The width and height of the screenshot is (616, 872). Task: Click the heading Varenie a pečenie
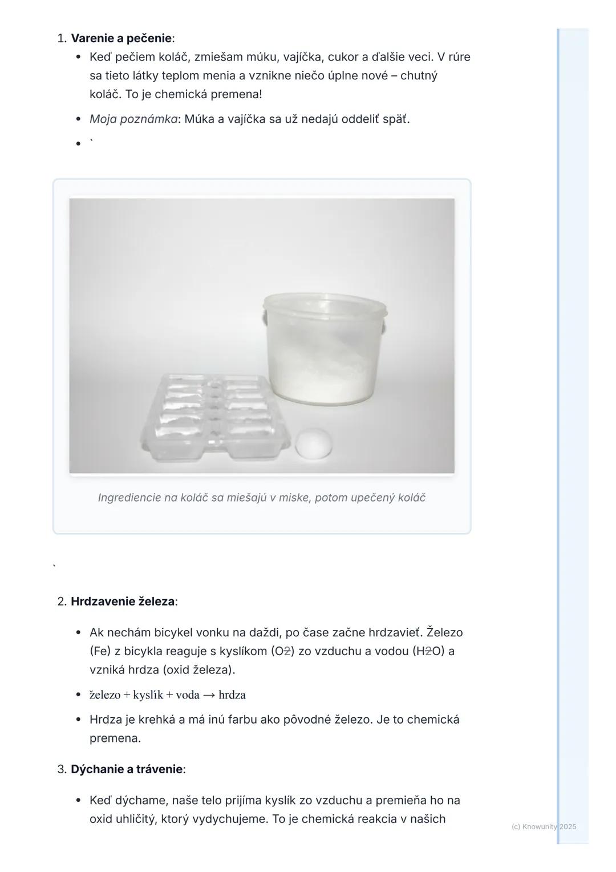click(121, 38)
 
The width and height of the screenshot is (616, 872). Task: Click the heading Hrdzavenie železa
click(123, 601)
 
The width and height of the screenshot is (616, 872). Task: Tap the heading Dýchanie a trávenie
click(127, 769)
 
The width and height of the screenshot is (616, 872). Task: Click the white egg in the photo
click(314, 443)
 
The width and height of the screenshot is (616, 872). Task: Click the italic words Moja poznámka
click(133, 119)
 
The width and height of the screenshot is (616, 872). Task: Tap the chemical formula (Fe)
click(100, 651)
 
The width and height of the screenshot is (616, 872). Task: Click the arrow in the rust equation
click(209, 695)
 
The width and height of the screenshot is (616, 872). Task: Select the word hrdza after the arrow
click(232, 695)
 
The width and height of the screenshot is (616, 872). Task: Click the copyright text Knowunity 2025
click(544, 826)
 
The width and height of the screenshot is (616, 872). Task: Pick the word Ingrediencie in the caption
click(129, 498)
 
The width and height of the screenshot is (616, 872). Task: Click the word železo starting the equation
click(105, 695)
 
